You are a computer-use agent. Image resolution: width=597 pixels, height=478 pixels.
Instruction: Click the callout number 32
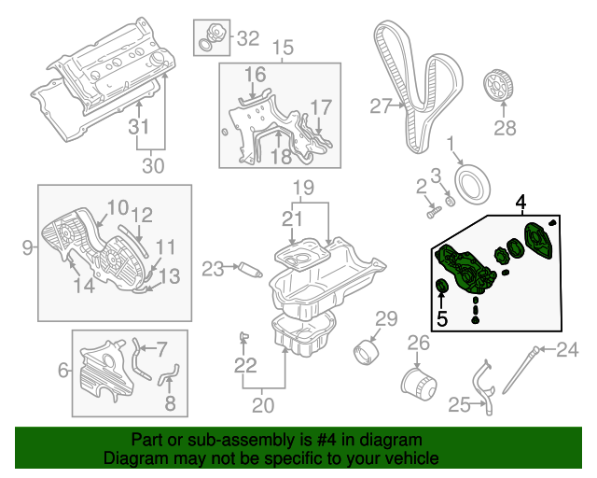(247, 38)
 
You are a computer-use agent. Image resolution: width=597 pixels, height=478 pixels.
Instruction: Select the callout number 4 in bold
(520, 201)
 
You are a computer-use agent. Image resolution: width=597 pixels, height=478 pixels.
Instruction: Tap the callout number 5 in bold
(441, 318)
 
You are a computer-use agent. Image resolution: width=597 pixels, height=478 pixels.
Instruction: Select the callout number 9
(25, 247)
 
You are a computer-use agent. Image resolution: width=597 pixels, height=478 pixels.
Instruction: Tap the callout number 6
(63, 371)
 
